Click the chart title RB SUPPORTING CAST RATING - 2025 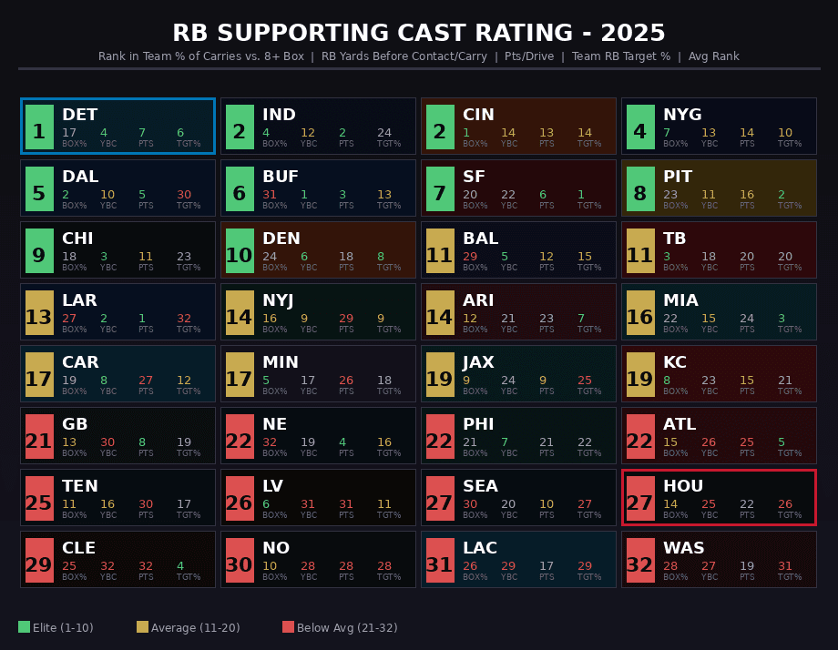pos(419,34)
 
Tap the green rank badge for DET pos(39,127)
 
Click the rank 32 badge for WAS pos(640,560)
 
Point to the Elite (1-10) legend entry pos(56,627)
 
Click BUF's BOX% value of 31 pos(270,195)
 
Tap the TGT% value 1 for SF pos(581,195)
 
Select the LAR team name pos(79,300)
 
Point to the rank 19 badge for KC pos(640,374)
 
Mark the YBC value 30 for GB pos(107,442)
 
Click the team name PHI pos(478,424)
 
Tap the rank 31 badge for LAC pos(440,560)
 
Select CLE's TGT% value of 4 pos(180,566)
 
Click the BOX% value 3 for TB pos(667,257)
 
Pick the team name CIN pos(478,115)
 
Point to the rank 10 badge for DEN pos(240,250)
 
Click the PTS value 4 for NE pos(342,442)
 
